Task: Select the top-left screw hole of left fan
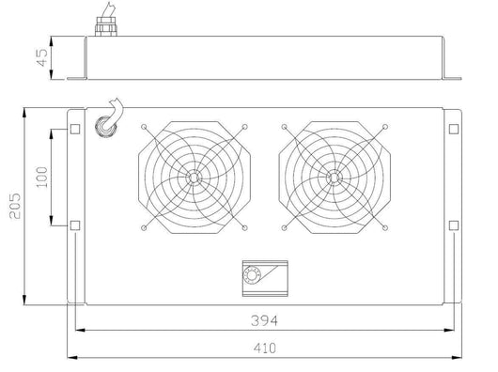[x=143, y=127]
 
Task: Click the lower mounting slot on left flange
[x=76, y=225]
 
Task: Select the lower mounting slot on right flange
[x=452, y=225]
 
